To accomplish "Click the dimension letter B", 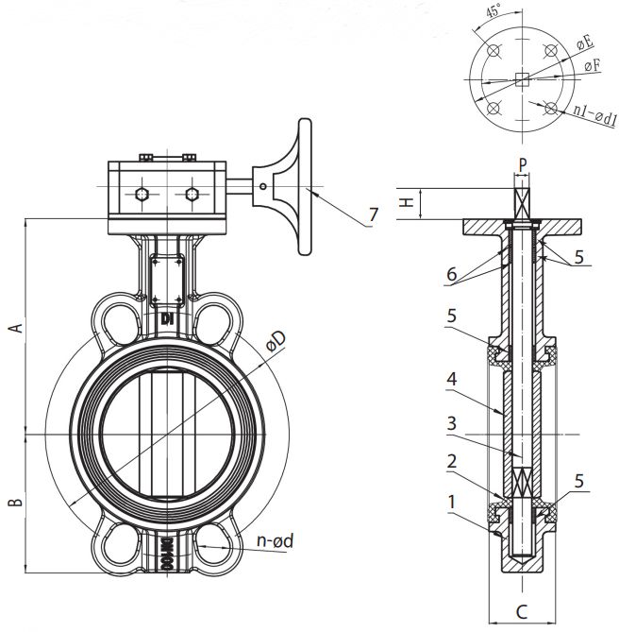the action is click(16, 503).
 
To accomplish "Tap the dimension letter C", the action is click(522, 612).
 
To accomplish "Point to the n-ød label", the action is click(276, 540).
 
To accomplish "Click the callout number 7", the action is click(374, 214).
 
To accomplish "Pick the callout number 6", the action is click(452, 274).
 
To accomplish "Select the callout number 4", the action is click(452, 379).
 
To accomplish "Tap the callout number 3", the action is click(452, 423).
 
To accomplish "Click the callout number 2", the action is click(452, 461).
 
